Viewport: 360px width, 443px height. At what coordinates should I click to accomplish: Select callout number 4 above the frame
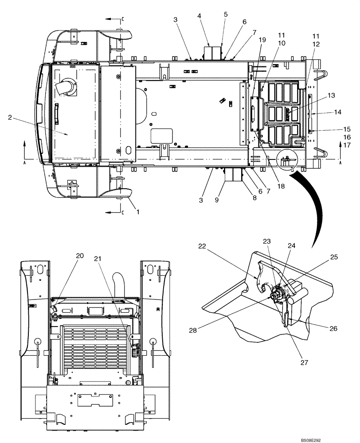(199, 15)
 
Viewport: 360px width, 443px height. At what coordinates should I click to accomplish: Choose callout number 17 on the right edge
(347, 145)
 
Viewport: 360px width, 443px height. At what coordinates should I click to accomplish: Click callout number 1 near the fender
(137, 212)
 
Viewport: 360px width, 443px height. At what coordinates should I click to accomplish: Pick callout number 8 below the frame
(255, 198)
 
